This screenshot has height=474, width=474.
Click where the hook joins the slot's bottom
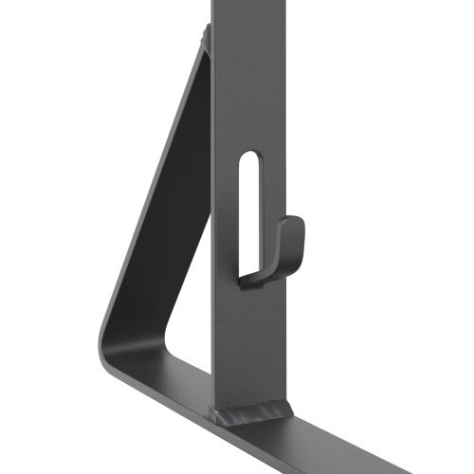coord(248,277)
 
